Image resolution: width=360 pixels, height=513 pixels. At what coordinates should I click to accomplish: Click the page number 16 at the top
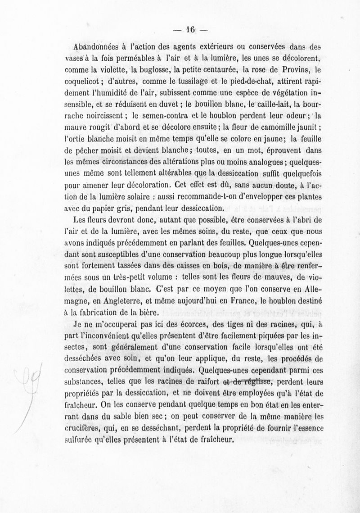(x=189, y=30)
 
